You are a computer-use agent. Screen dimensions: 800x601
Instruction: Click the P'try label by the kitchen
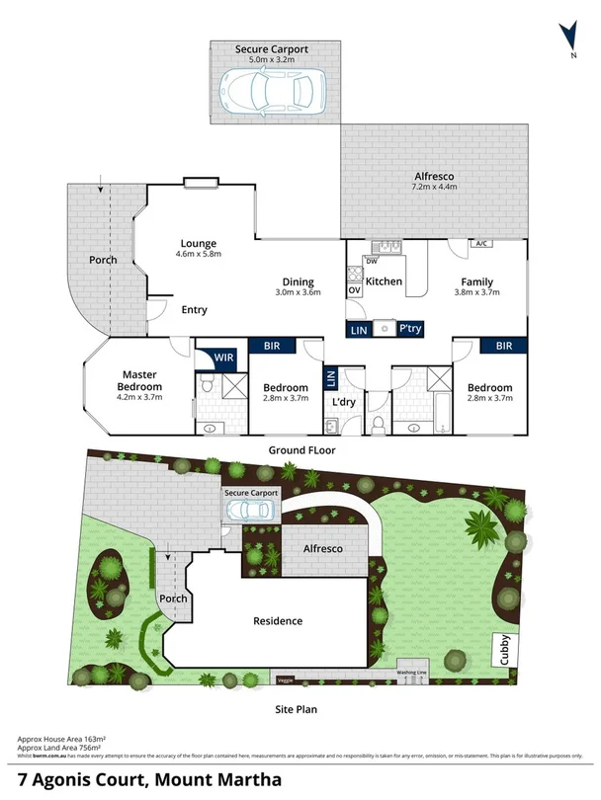pyautogui.click(x=409, y=329)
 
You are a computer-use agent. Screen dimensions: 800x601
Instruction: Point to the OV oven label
pyautogui.click(x=353, y=290)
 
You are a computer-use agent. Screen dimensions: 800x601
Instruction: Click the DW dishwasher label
pyautogui.click(x=372, y=261)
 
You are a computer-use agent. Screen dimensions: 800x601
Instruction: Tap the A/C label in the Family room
pyautogui.click(x=481, y=243)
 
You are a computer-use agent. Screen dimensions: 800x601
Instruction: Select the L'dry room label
pyautogui.click(x=343, y=403)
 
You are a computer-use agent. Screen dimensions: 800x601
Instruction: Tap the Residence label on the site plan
pyautogui.click(x=278, y=621)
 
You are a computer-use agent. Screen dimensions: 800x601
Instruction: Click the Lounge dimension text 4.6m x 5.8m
pyautogui.click(x=198, y=254)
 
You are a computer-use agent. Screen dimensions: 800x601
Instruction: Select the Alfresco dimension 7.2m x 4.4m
pyautogui.click(x=434, y=187)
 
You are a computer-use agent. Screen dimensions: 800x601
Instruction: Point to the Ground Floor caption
pyautogui.click(x=301, y=449)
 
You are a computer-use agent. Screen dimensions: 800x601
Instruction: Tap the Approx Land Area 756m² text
pyautogui.click(x=62, y=747)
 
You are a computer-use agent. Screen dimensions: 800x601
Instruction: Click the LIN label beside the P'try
pyautogui.click(x=360, y=329)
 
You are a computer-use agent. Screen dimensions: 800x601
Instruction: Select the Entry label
pyautogui.click(x=194, y=310)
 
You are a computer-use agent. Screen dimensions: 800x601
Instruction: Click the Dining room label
pyautogui.click(x=298, y=280)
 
